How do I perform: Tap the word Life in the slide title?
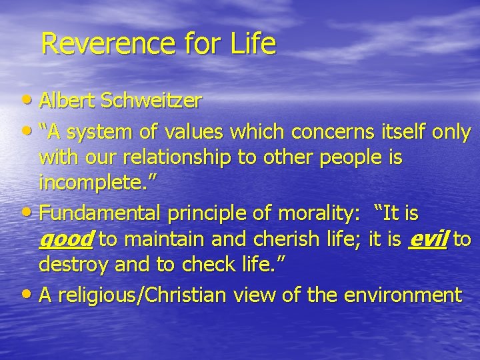pos(254,44)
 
